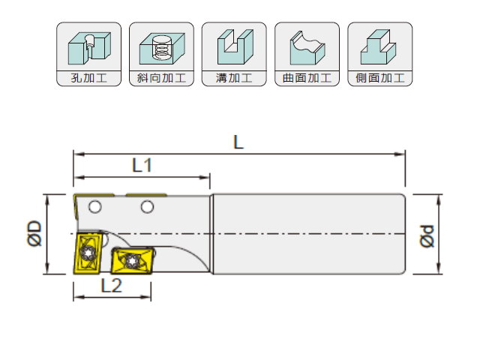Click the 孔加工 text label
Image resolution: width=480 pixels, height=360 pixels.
click(x=88, y=78)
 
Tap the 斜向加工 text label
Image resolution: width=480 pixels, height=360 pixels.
click(x=161, y=78)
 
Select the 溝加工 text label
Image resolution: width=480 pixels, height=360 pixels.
click(x=234, y=78)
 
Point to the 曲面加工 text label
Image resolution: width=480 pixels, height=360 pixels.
click(x=307, y=78)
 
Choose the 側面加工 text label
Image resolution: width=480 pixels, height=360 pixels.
click(x=380, y=78)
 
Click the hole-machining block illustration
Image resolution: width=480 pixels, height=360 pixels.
click(x=89, y=48)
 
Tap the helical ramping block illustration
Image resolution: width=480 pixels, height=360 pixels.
click(x=162, y=49)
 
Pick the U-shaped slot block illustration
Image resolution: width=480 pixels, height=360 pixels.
click(x=235, y=46)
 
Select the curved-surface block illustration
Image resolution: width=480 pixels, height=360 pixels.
click(x=307, y=48)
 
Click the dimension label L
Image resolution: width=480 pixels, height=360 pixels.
click(x=238, y=142)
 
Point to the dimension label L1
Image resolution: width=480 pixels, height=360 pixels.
click(x=142, y=165)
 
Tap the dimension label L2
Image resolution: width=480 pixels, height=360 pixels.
click(x=112, y=286)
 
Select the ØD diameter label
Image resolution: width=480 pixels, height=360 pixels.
click(x=34, y=233)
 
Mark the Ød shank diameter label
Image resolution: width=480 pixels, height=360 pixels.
click(x=427, y=236)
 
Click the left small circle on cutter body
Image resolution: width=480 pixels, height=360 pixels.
click(x=95, y=207)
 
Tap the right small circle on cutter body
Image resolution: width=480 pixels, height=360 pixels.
click(x=147, y=207)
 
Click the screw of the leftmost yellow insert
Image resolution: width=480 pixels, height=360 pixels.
click(x=87, y=253)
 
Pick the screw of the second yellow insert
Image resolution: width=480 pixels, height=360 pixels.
click(x=132, y=261)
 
